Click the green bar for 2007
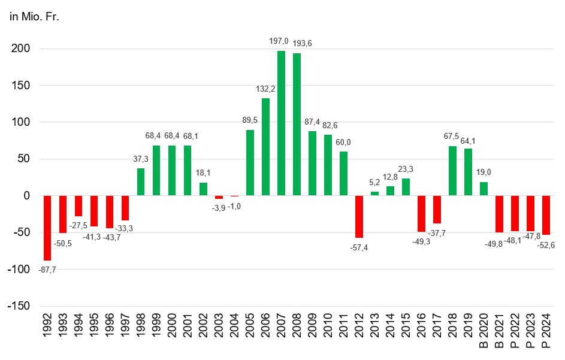282,123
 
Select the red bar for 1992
47,228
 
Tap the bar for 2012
359,216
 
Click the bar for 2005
250,162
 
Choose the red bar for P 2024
546,215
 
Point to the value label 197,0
279,41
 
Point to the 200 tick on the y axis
21,49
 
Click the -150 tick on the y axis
19,306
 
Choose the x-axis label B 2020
484,332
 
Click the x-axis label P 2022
515,332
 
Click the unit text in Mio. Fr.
34,16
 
